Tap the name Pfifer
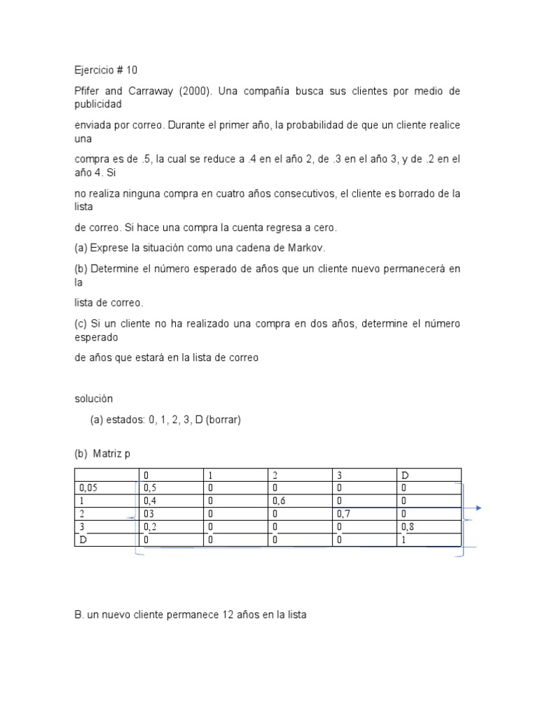pos(88,91)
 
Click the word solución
pos(94,399)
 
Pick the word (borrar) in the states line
pos(222,420)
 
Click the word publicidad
pos(98,104)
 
